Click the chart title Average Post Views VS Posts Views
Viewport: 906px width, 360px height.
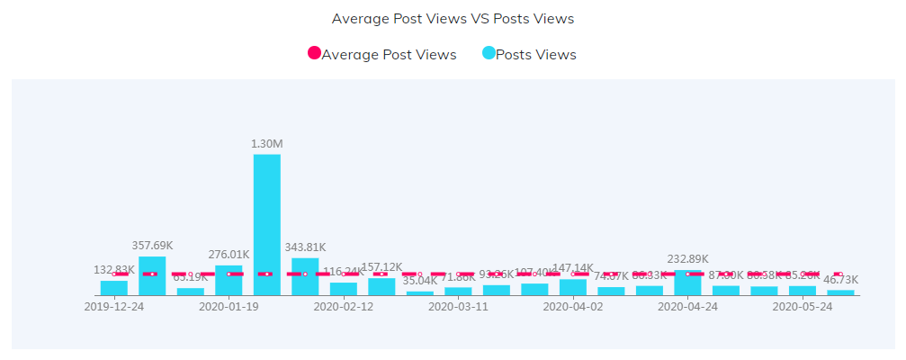click(453, 18)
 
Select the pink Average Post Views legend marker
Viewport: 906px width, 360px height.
click(314, 54)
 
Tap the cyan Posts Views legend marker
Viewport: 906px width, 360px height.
click(489, 54)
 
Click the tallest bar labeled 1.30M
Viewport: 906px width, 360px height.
click(266, 225)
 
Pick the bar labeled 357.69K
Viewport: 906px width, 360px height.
click(152, 276)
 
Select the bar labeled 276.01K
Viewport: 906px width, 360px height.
click(229, 280)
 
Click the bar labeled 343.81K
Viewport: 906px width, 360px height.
click(305, 277)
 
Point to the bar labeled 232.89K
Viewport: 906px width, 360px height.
click(687, 283)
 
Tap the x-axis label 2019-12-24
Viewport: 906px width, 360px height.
click(114, 306)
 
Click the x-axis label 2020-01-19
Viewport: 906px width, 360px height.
click(229, 306)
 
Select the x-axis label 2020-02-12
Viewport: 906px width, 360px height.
click(343, 306)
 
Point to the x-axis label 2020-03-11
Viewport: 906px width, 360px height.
click(458, 306)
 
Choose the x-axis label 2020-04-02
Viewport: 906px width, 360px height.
click(572, 306)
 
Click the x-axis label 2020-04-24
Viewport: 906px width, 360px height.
click(687, 306)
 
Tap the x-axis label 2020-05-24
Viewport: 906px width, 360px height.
click(802, 306)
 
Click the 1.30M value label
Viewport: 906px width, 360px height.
click(266, 144)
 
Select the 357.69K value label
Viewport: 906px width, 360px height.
click(152, 246)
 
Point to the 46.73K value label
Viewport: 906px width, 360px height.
click(840, 280)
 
